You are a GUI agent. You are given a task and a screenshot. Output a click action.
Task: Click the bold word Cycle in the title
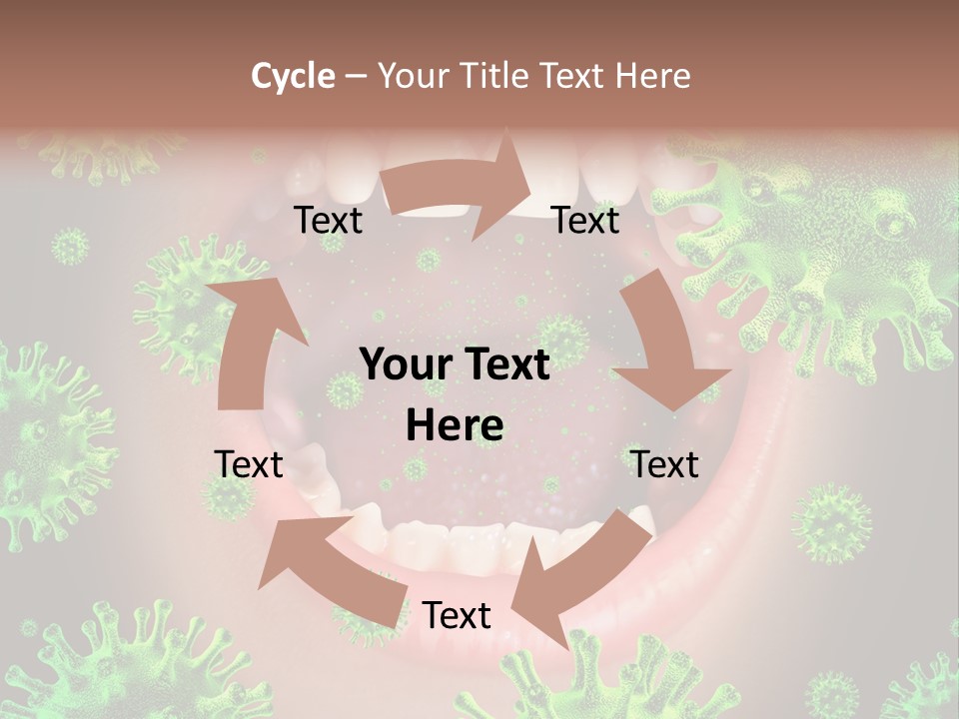pyautogui.click(x=293, y=76)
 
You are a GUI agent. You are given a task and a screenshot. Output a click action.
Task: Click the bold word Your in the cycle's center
pyautogui.click(x=405, y=365)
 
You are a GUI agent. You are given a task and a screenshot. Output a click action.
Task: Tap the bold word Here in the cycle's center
pyautogui.click(x=455, y=426)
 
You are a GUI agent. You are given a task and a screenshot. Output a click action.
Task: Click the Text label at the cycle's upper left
pyautogui.click(x=328, y=221)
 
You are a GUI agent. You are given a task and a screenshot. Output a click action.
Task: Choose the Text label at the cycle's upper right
pyautogui.click(x=585, y=221)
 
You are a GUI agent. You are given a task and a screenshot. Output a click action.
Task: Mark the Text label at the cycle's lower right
pyautogui.click(x=664, y=464)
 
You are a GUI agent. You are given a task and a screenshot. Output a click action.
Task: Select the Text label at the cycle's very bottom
pyautogui.click(x=457, y=616)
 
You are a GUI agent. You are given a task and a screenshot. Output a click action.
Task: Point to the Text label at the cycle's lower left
pyautogui.click(x=249, y=464)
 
